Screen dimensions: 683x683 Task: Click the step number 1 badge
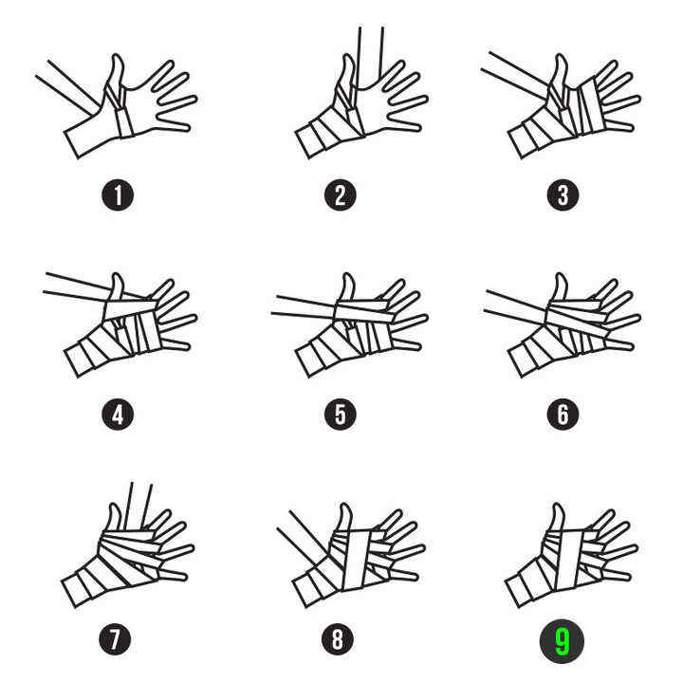[x=118, y=195]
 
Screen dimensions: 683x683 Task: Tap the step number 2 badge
[x=341, y=195]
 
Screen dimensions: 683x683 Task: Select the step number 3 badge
[x=563, y=195]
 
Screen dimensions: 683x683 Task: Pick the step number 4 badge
[x=118, y=415]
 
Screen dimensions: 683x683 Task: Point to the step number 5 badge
[x=341, y=415]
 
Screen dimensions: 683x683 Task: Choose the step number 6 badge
[x=563, y=415]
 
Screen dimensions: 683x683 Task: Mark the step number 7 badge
[x=115, y=639]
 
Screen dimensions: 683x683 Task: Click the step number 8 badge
[x=338, y=639]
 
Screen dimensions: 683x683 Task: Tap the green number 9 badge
[x=562, y=641]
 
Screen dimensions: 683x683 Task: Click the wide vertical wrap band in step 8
[x=359, y=561]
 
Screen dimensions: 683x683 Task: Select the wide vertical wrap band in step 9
[x=570, y=561]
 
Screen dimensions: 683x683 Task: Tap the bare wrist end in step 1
[x=72, y=144]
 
